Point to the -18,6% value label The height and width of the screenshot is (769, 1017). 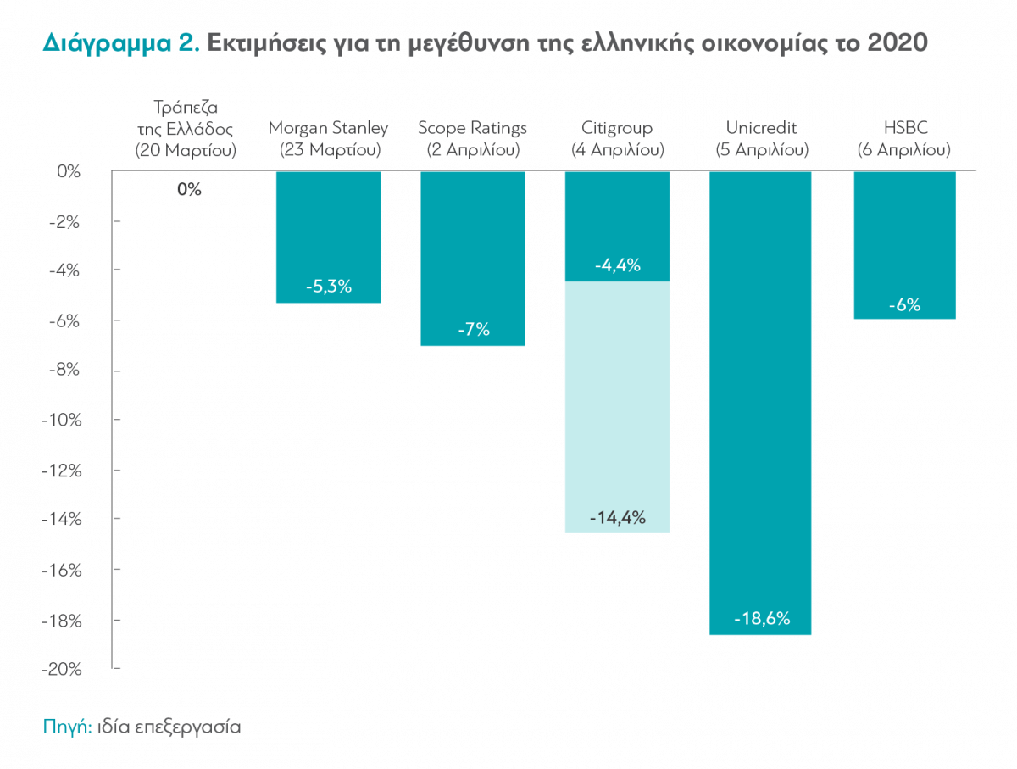(x=761, y=619)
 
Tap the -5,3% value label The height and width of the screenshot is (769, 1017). (x=328, y=287)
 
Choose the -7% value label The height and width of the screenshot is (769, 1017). (x=473, y=330)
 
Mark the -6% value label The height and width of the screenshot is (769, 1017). (x=904, y=305)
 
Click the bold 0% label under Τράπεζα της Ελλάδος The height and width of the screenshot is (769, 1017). (x=189, y=190)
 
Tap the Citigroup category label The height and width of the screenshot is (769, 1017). (x=617, y=129)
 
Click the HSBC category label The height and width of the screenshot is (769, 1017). (x=904, y=129)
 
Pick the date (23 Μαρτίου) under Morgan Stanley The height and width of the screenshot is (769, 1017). (x=328, y=150)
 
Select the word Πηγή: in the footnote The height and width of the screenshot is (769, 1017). (x=66, y=727)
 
